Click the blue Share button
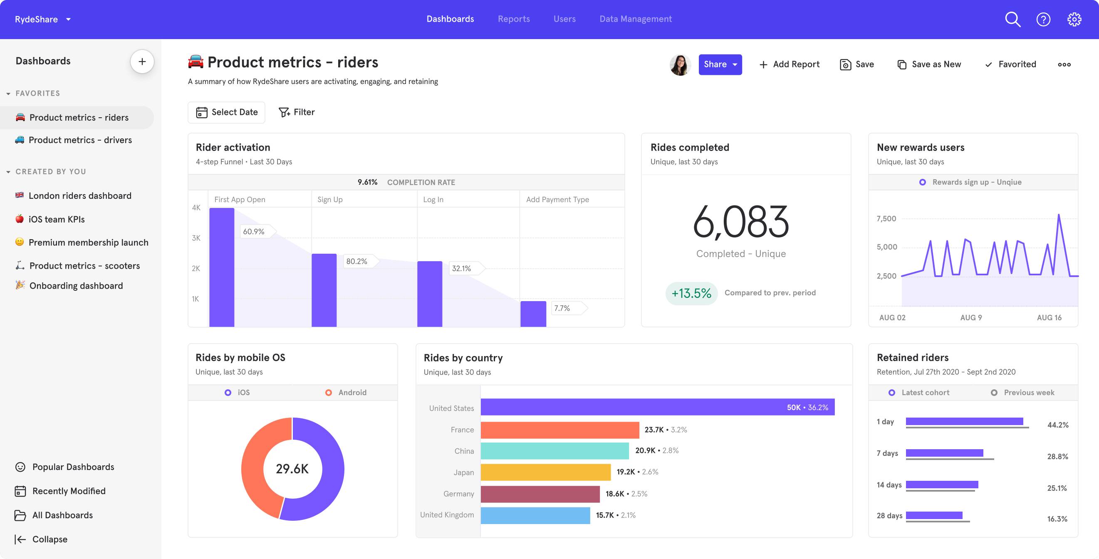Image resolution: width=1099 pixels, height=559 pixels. click(x=720, y=64)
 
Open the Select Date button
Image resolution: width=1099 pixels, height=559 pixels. click(x=227, y=112)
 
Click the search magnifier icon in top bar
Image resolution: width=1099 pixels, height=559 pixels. click(x=1012, y=19)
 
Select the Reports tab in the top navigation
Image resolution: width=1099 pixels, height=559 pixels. click(x=514, y=19)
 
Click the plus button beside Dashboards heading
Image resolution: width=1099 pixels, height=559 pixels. click(x=142, y=62)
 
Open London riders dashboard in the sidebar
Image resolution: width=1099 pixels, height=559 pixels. click(x=80, y=196)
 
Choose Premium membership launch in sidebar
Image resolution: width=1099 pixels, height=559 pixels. click(x=88, y=242)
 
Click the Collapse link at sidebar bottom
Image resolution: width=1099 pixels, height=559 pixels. click(x=50, y=539)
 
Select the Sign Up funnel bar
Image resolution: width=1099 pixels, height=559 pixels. click(x=324, y=290)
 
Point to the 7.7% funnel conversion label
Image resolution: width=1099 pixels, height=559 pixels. click(x=562, y=308)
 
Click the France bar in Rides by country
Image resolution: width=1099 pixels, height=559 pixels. click(x=560, y=430)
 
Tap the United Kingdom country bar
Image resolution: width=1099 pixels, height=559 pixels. click(x=535, y=515)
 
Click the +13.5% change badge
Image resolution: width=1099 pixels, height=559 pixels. click(x=691, y=293)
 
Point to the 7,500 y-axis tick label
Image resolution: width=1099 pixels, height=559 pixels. click(x=886, y=218)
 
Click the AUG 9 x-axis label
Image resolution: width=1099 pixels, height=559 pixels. click(x=971, y=317)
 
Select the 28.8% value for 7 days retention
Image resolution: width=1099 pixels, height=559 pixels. click(x=1057, y=457)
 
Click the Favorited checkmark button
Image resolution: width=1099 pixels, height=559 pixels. click(x=1010, y=64)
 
